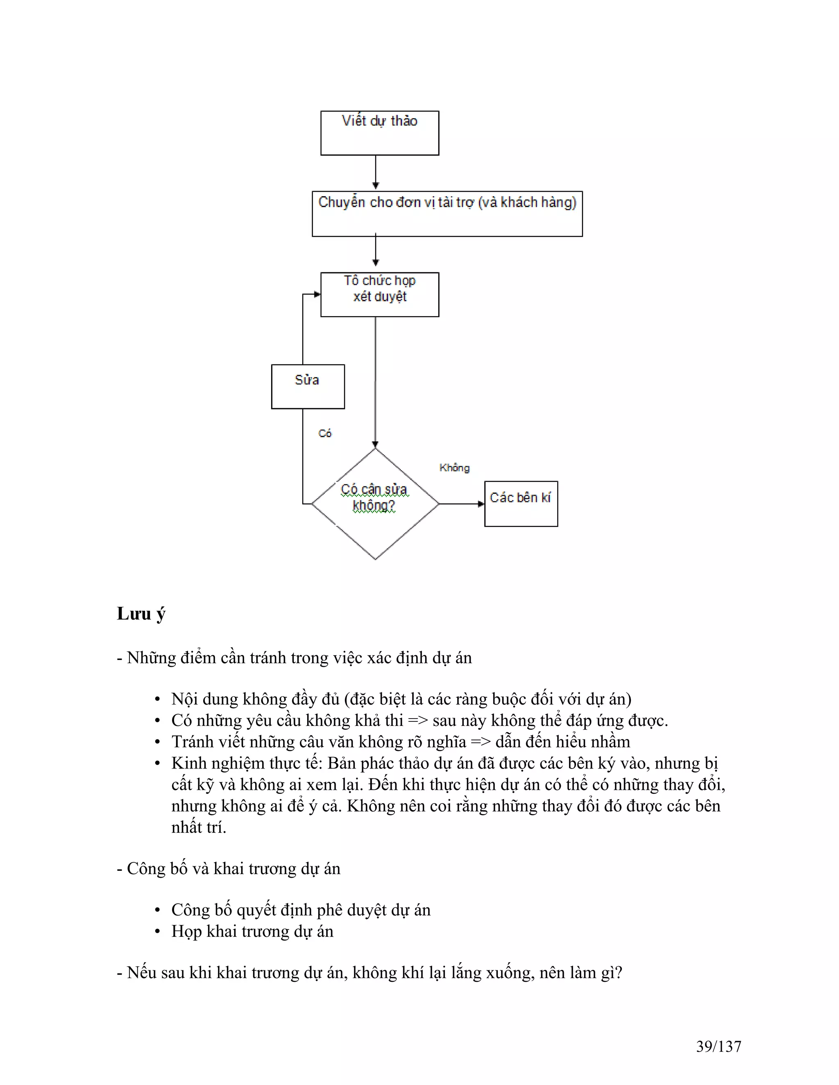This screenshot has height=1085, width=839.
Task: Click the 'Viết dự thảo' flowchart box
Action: pyautogui.click(x=380, y=133)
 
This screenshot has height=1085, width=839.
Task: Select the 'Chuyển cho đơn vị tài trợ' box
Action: pyautogui.click(x=447, y=214)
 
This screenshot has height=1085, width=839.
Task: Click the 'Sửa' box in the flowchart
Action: pyautogui.click(x=308, y=387)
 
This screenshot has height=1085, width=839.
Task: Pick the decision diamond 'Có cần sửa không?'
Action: pyautogui.click(x=375, y=504)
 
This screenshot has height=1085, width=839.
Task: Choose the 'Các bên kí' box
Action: pyautogui.click(x=521, y=504)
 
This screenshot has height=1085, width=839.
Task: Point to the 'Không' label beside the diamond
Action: pyautogui.click(x=454, y=468)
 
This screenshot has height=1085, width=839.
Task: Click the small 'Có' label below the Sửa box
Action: pyautogui.click(x=324, y=433)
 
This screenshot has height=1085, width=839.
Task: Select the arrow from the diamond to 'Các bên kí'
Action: pyautogui.click(x=461, y=504)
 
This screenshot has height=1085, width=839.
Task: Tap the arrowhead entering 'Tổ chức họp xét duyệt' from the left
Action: pyautogui.click(x=317, y=294)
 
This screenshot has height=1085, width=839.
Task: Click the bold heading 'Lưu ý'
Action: pyautogui.click(x=141, y=614)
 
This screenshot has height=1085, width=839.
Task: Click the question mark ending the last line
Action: pyautogui.click(x=618, y=973)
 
